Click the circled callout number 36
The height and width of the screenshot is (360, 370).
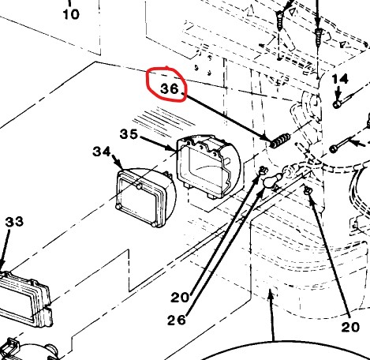[x=170, y=88]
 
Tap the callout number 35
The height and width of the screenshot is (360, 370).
[x=129, y=134]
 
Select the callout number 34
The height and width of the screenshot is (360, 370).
[x=102, y=152]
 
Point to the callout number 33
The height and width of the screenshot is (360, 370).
[x=14, y=222]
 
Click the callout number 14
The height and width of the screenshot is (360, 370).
[x=340, y=79]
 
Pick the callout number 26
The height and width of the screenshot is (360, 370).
[x=177, y=320]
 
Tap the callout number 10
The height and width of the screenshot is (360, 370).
[x=71, y=14]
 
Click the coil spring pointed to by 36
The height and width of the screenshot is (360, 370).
[x=280, y=141]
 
